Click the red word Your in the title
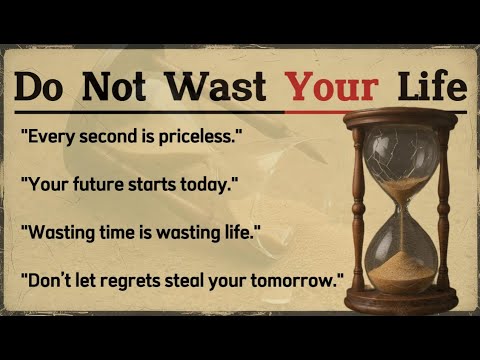click(335, 87)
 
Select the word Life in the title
click(430, 87)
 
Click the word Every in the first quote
click(49, 134)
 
